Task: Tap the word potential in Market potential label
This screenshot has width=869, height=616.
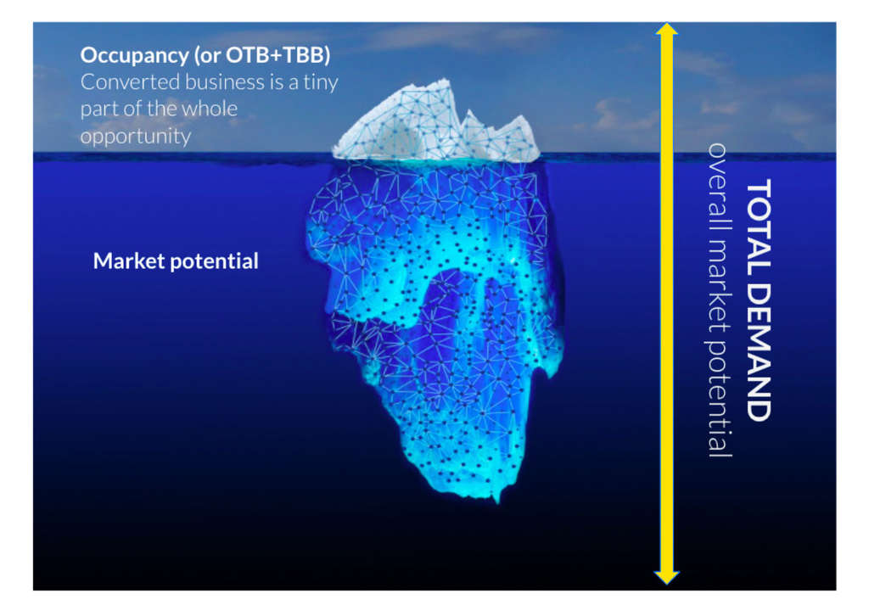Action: [x=216, y=261]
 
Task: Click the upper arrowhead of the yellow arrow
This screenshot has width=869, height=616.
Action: [x=667, y=31]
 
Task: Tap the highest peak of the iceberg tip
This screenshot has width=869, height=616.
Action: [x=440, y=81]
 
